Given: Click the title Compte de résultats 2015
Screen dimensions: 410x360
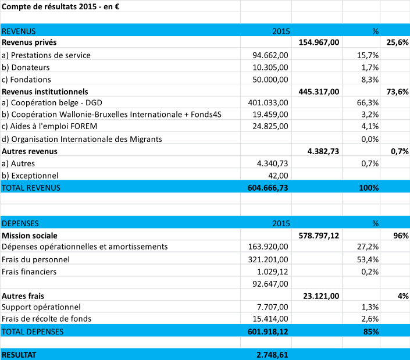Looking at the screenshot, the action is [x=49, y=6].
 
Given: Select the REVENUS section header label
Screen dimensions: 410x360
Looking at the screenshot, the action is [x=19, y=31].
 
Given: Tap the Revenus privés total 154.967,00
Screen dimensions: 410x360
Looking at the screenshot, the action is [x=319, y=42].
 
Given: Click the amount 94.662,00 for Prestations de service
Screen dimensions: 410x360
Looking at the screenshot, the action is [x=270, y=55].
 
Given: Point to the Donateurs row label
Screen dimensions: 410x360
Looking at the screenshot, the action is [x=26, y=67].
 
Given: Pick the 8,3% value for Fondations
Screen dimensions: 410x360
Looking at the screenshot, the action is [x=370, y=80].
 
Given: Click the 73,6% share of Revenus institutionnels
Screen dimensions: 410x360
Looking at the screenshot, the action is [x=397, y=92].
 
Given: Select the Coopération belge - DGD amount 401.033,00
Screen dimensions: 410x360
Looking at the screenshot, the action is [x=268, y=102].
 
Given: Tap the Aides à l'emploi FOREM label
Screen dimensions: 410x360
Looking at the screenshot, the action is [x=49, y=126].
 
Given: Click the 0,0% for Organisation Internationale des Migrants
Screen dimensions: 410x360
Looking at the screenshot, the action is [x=370, y=139].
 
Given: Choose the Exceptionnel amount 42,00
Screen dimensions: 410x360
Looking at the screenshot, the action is [x=278, y=176].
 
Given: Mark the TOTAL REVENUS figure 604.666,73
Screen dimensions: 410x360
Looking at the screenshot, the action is [x=268, y=188].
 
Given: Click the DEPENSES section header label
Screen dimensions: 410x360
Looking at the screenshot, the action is [x=20, y=223].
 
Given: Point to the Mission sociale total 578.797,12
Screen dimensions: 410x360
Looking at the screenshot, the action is [x=319, y=236].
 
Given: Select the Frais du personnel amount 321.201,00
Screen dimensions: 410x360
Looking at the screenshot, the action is [x=268, y=259].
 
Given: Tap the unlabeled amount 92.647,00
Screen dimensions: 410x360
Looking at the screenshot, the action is [x=270, y=284].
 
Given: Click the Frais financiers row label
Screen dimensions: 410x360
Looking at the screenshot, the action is [x=29, y=272].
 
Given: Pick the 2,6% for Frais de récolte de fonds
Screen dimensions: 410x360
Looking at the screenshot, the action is [x=370, y=319].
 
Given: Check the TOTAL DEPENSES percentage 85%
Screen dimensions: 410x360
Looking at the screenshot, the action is [x=371, y=332].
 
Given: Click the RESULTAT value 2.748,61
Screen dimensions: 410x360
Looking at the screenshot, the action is [x=272, y=355].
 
